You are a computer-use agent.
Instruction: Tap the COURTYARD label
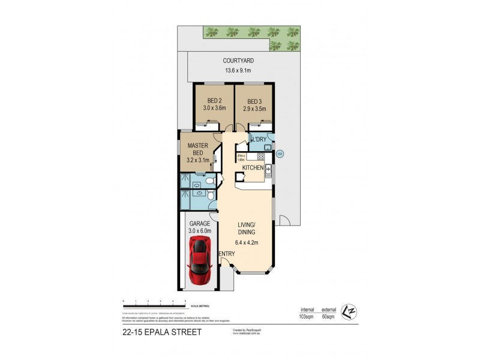coord(239,61)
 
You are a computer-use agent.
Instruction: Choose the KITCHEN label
coord(253,169)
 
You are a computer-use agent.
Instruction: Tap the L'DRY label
coord(259,140)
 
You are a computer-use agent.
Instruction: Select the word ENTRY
coord(226,254)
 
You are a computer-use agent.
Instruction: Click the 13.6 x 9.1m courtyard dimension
coord(239,71)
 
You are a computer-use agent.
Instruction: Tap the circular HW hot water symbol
coord(280,154)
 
